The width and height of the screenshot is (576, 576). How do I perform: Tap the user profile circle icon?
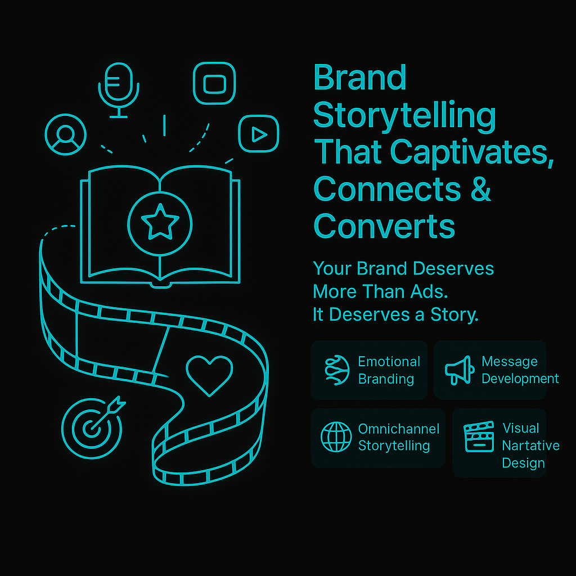(x=65, y=134)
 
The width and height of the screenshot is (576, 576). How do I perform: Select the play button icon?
(x=258, y=133)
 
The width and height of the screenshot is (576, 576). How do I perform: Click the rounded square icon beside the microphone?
(x=214, y=83)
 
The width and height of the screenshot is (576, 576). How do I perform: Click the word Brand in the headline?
(x=360, y=78)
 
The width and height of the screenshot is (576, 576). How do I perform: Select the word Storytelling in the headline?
(x=404, y=115)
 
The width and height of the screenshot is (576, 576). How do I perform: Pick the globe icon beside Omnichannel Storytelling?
(x=336, y=437)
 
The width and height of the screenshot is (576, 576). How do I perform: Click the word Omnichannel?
(x=399, y=429)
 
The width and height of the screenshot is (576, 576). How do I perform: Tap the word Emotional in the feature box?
(x=389, y=362)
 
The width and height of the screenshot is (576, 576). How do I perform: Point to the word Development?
(x=520, y=379)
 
